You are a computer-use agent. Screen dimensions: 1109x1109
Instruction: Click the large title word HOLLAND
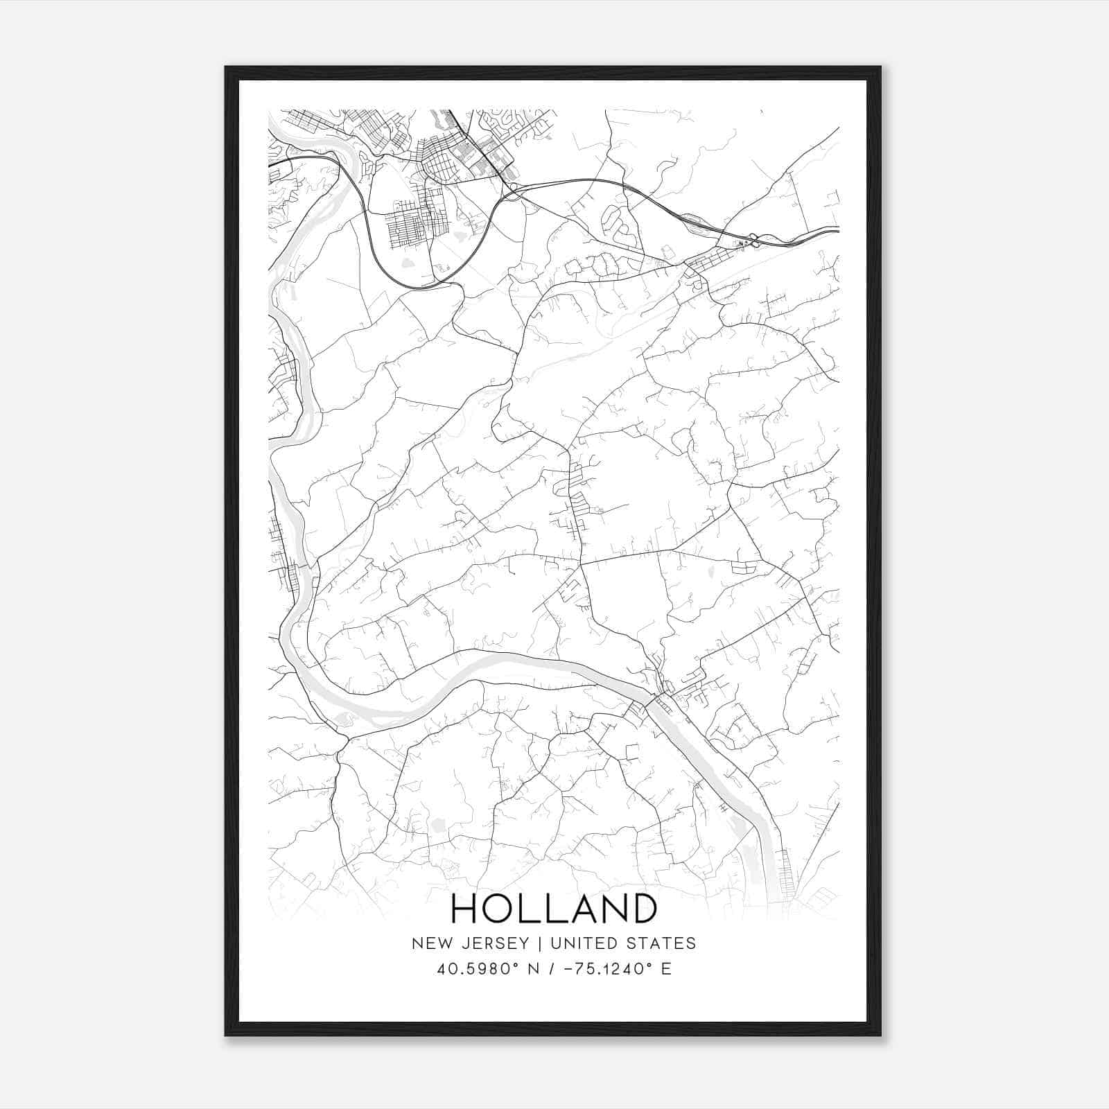click(554, 909)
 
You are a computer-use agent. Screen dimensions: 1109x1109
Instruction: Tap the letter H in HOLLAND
click(464, 909)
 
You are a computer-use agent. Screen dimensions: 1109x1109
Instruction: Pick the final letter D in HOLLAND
click(643, 909)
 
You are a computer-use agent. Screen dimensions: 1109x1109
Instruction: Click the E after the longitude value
click(666, 969)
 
